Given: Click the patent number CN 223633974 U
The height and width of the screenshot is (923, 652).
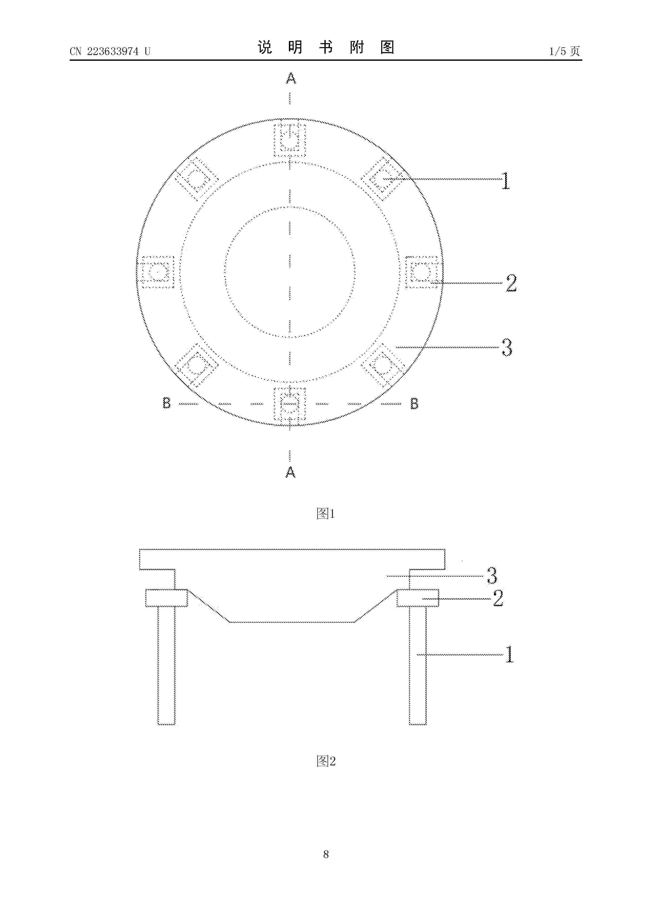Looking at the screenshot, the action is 110,52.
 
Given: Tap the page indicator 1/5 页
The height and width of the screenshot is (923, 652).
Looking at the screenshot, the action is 564,51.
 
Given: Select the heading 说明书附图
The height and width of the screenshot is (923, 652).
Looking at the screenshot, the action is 326,47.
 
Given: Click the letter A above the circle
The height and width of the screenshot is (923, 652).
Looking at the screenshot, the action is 291,78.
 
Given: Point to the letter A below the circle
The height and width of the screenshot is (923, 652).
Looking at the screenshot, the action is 291,472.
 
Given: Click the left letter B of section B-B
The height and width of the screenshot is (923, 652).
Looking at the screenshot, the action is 167,403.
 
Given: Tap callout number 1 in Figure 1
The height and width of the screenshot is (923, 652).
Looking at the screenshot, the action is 506,181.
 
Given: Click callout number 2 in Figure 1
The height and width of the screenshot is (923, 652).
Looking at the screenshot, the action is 511,283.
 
